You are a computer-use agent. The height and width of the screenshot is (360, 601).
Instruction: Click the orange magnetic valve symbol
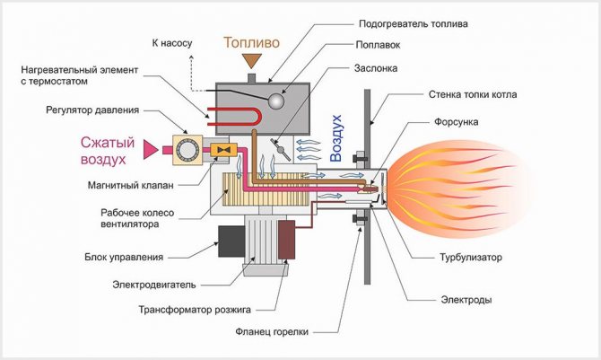[x=229, y=147]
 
